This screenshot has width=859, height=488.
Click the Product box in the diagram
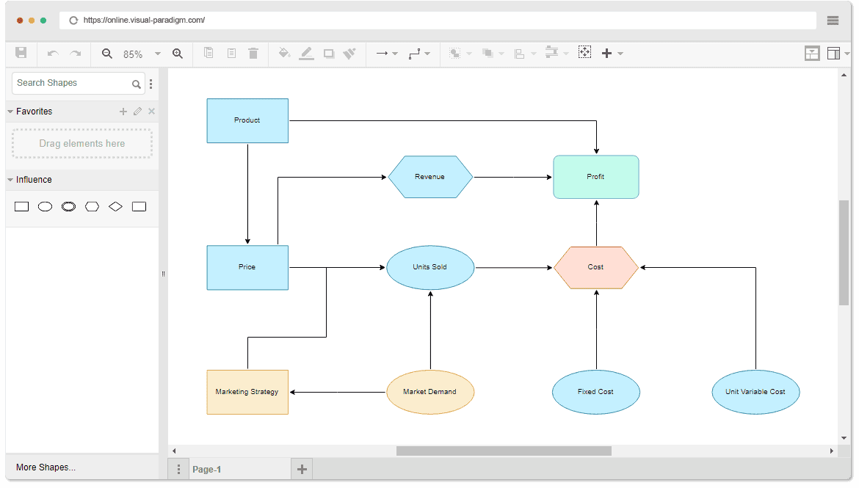tap(247, 120)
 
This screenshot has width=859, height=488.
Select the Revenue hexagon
tap(430, 177)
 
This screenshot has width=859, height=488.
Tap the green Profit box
tap(595, 177)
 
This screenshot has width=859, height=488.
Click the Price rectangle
tap(247, 267)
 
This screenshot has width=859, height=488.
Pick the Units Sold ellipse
tap(430, 267)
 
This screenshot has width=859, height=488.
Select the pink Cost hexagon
tap(595, 267)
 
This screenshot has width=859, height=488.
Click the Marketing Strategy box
tap(247, 392)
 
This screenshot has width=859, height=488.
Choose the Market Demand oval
tap(430, 392)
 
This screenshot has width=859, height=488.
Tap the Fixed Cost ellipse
tap(595, 392)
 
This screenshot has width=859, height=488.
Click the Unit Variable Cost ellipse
tap(755, 392)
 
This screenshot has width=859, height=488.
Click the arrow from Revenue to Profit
tap(512, 177)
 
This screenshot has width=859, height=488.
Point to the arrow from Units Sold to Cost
tap(514, 268)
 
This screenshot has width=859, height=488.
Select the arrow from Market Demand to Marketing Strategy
tap(338, 392)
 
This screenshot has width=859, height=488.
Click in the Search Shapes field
tap(71, 83)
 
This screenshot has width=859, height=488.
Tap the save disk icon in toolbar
tap(21, 53)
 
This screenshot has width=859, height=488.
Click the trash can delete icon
tap(253, 53)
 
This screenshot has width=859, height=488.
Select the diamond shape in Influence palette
tap(115, 207)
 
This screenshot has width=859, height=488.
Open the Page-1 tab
tap(206, 470)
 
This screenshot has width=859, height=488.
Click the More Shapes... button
tap(46, 467)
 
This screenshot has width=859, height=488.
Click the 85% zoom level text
tap(133, 54)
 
